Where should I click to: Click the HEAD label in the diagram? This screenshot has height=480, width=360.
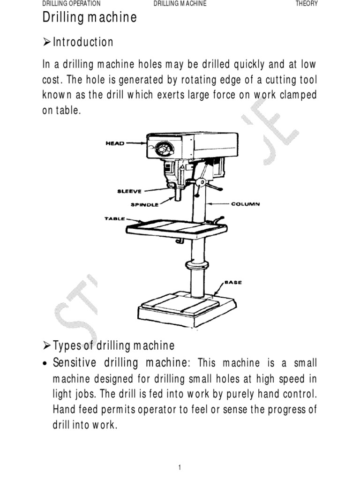115,143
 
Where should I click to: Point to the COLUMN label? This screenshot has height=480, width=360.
245,204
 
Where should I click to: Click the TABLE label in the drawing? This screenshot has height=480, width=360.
114,218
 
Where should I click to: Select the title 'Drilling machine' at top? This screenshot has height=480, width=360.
90,18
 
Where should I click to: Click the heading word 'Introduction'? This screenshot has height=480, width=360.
83,42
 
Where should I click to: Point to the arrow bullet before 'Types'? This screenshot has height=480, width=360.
46,346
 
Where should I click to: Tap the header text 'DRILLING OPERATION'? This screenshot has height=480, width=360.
71,4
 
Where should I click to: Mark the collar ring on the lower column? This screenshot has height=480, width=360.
197,265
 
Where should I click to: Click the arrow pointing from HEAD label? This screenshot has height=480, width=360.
136,143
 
